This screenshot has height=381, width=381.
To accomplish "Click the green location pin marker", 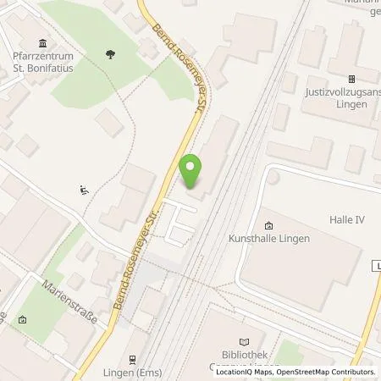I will point(192,170).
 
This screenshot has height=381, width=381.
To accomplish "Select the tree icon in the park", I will point(110,53).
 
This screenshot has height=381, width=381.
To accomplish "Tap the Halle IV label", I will point(346,219).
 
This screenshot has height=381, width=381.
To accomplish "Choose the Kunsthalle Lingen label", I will point(270,239).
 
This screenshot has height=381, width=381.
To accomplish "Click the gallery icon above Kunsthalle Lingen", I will point(269,225).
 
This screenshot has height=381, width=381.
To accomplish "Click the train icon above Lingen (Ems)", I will point(133,359).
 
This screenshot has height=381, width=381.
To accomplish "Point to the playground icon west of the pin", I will point(83,190).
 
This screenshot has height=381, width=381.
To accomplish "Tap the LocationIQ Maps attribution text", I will point(244,372).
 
